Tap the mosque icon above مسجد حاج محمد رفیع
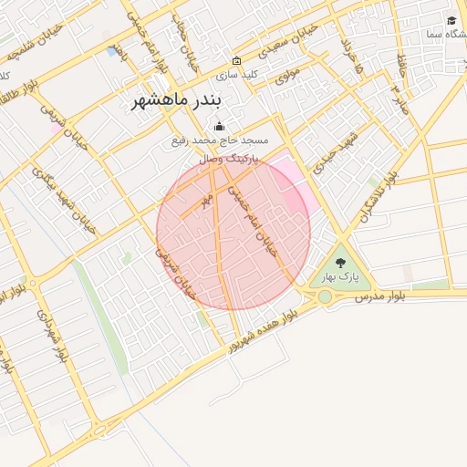click(x=218, y=127)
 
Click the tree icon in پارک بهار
click(x=341, y=263)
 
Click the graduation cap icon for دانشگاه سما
click(x=451, y=21)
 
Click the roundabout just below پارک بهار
click(x=326, y=296)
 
